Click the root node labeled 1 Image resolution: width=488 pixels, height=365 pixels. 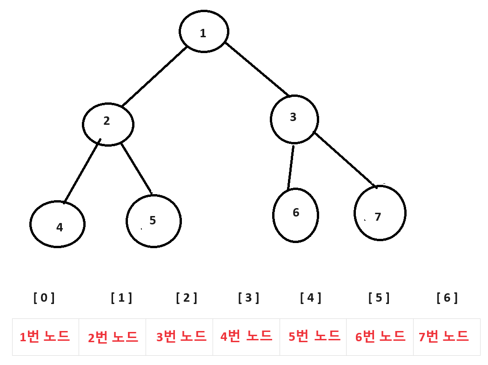(204, 31)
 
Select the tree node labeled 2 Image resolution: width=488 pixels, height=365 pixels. (108, 124)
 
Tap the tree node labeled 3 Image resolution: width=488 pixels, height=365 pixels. (294, 119)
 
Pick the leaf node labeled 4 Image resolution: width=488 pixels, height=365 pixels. (57, 224)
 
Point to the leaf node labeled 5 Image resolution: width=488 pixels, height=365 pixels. (154, 221)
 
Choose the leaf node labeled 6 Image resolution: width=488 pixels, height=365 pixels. (295, 215)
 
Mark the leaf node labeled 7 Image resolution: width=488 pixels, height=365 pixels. (380, 213)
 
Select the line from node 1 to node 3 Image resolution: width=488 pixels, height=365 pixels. (257, 69)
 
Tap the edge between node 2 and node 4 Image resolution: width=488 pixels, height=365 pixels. (82, 171)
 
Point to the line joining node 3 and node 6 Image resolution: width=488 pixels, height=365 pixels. (291, 168)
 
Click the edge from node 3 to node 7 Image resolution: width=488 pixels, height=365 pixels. (345, 160)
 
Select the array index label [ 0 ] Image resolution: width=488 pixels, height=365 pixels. (44, 297)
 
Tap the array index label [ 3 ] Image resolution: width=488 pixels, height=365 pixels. (248, 297)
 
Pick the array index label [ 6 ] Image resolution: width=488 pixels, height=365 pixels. (447, 297)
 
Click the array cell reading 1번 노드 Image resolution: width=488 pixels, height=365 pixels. (45, 337)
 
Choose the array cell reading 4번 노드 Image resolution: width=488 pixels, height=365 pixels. (246, 337)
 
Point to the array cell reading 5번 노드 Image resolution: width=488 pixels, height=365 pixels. (313, 337)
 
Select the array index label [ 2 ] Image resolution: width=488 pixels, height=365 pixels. (187, 297)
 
